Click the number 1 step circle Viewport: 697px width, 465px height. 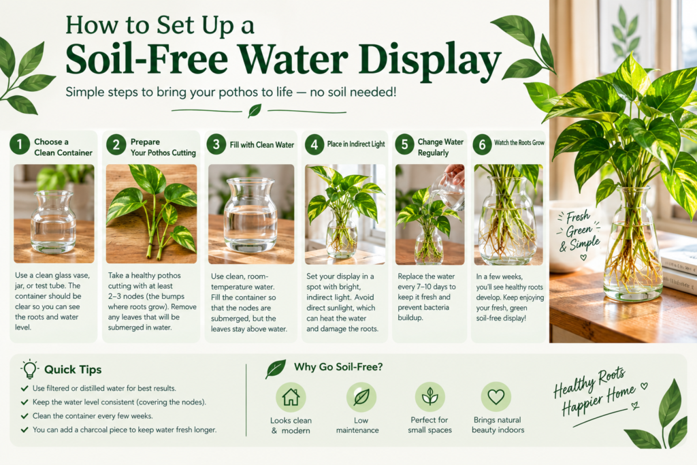pos(20,144)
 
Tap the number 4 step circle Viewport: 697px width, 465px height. pos(314,144)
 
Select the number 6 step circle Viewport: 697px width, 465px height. pos(482,144)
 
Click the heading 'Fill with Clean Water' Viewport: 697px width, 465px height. pos(262,145)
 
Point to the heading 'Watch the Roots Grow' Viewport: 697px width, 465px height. pos(519,143)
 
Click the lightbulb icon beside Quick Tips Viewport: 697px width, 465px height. pos(29,369)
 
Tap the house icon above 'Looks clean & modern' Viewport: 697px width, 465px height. pos(291,396)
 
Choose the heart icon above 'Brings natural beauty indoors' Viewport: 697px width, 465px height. pos(496,396)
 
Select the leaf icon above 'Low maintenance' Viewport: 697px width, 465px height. pos(361,396)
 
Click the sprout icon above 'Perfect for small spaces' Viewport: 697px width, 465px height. pos(430,396)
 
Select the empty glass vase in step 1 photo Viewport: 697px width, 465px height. pos(53,222)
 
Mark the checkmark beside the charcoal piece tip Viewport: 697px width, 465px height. pos(25,430)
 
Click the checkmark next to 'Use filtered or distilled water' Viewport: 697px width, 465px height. pos(25,388)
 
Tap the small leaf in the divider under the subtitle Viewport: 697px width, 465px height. pos(255,110)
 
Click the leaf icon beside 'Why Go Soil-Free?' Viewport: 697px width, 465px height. pos(276,369)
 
